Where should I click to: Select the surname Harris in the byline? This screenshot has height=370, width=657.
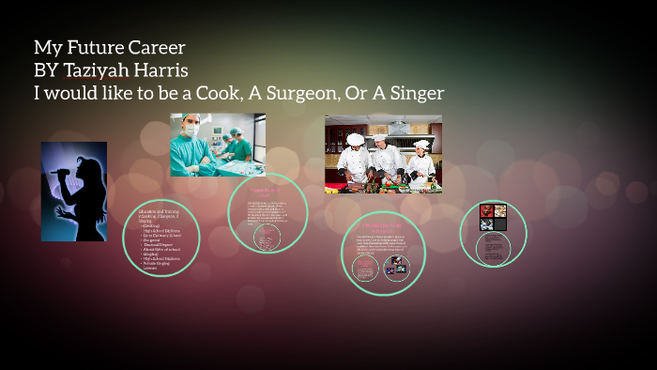coord(168,69)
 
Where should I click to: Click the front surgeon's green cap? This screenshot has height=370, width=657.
coord(191,119)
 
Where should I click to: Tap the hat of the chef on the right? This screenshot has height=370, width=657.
coord(421,144)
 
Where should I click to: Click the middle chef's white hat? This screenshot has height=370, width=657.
coord(379,137)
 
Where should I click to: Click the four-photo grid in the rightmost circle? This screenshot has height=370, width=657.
coord(493,217)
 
